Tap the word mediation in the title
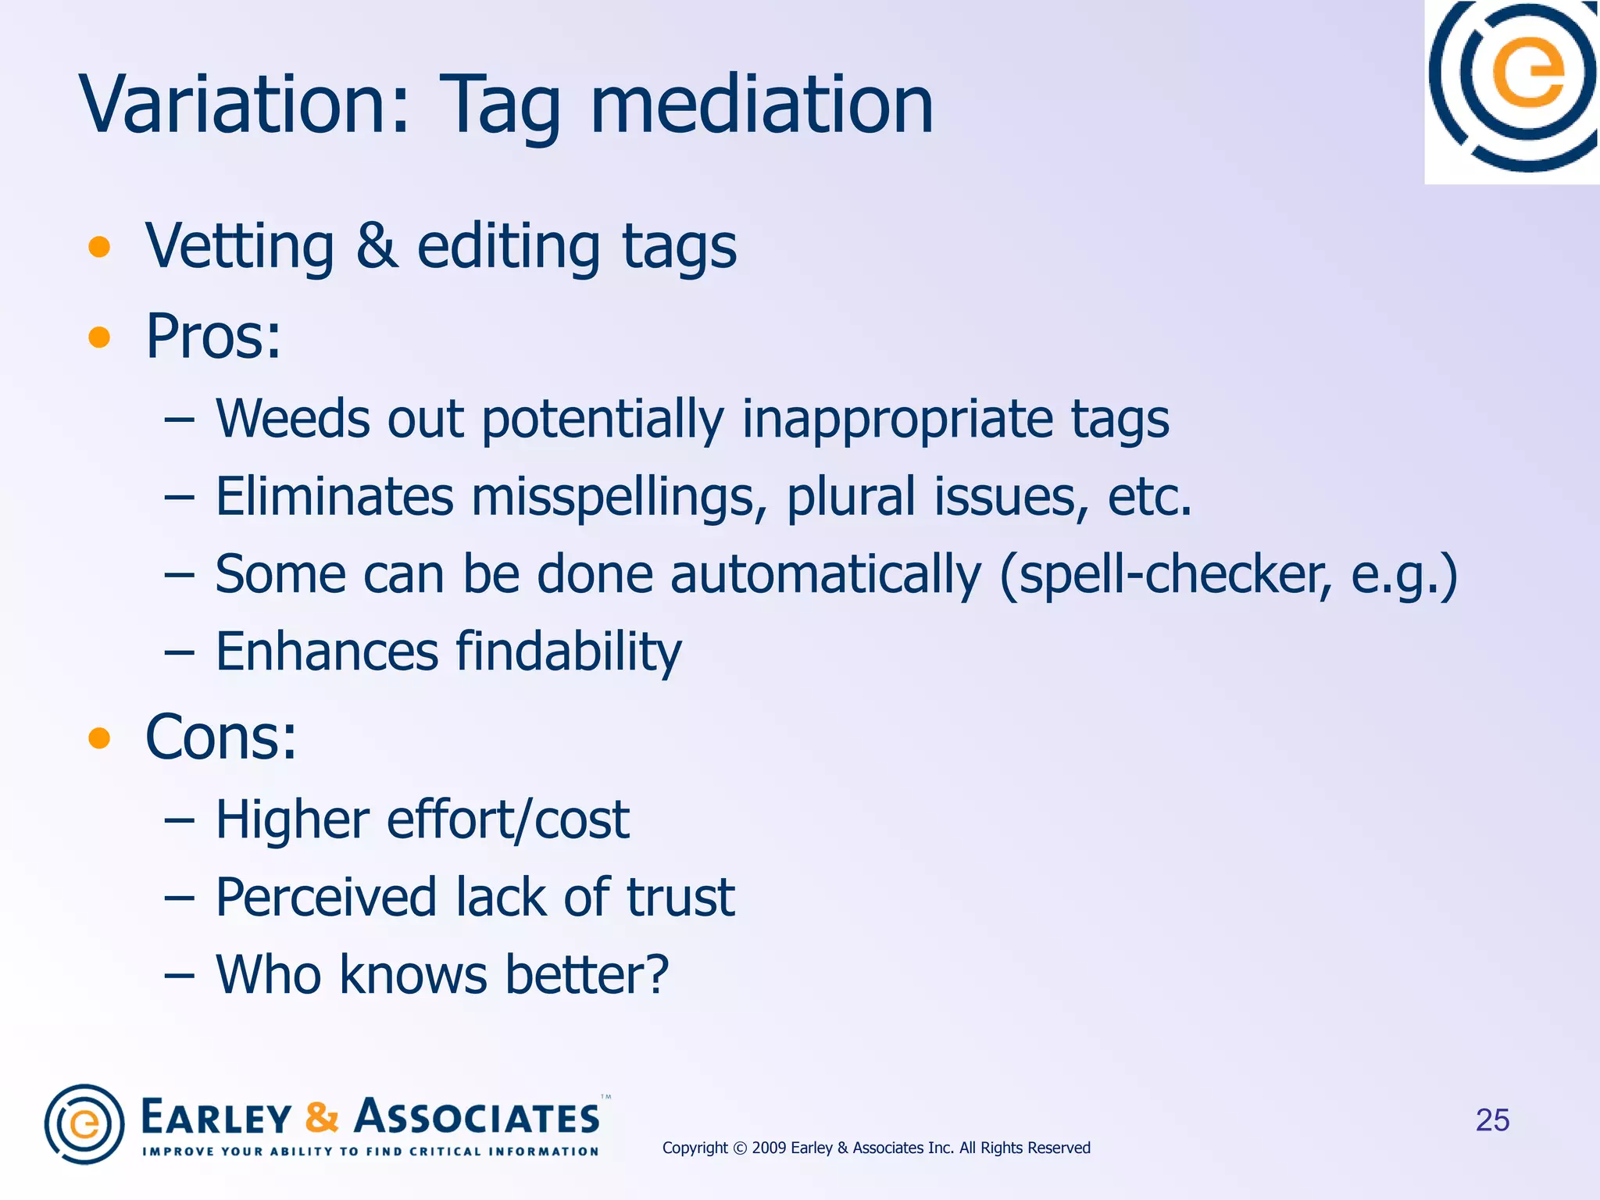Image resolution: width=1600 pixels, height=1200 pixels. click(x=762, y=105)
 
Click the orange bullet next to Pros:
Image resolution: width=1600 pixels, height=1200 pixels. click(x=99, y=337)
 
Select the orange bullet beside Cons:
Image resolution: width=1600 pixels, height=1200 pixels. click(x=99, y=737)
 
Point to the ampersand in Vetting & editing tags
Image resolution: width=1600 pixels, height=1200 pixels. click(x=376, y=246)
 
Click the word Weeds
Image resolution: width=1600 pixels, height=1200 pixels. click(x=291, y=419)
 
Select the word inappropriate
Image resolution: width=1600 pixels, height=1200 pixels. click(x=896, y=420)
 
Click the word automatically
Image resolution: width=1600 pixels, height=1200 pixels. click(x=825, y=575)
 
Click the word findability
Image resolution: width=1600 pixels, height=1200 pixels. click(x=568, y=652)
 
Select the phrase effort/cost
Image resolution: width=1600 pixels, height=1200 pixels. click(x=508, y=820)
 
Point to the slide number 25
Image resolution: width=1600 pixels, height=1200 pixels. click(x=1492, y=1120)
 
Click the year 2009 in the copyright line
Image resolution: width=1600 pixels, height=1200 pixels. click(x=769, y=1148)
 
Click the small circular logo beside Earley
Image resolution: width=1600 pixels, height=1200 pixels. click(x=84, y=1124)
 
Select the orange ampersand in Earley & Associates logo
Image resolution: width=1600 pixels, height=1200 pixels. click(x=322, y=1117)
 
